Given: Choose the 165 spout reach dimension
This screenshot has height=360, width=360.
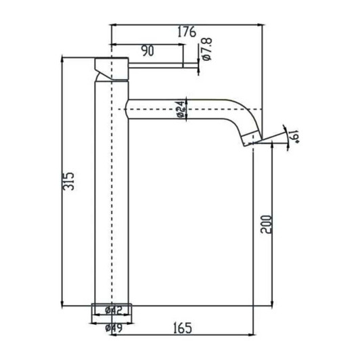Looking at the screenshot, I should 179,328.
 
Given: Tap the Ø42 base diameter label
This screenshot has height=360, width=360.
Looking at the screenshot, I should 113,310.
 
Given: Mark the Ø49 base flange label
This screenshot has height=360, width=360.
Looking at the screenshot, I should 113,328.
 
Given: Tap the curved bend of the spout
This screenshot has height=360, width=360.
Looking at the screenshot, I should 244,115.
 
